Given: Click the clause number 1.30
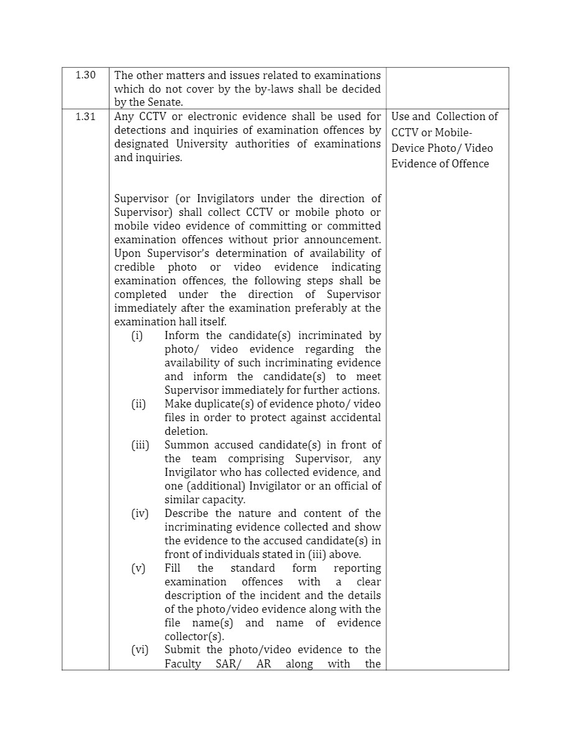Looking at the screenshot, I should tap(85, 75).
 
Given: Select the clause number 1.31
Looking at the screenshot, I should tap(85, 116).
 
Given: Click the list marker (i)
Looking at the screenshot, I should tap(137, 336).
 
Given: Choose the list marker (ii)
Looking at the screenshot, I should tap(138, 404).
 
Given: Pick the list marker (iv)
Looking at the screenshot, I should tap(139, 514).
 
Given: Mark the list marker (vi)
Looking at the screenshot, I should tap(139, 650).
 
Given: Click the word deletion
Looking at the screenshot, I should tap(185, 431).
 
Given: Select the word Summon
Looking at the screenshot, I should tap(186, 445).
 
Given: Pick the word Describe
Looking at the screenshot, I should tap(187, 514).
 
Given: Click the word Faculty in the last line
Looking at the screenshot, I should tap(183, 664).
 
